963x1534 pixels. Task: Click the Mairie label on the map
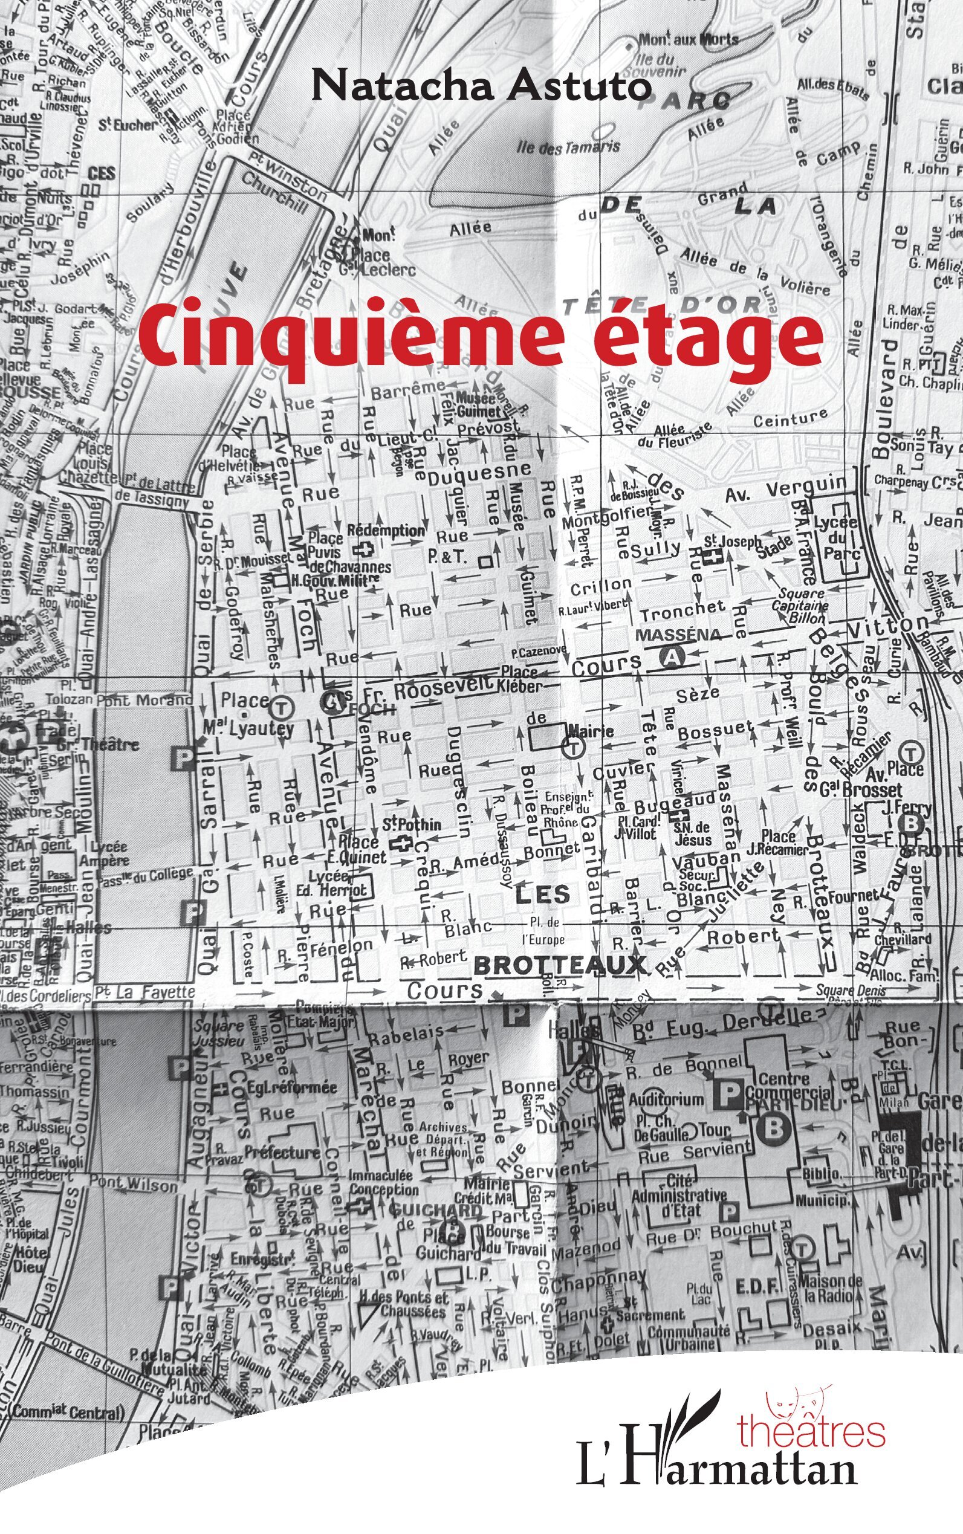point(591,730)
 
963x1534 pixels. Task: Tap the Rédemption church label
point(385,531)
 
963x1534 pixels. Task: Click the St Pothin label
point(412,824)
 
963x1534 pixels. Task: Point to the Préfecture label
point(283,1152)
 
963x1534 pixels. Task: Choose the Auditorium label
point(666,1099)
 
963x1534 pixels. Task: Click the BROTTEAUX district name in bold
point(560,965)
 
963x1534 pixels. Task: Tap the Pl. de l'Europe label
point(543,931)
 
